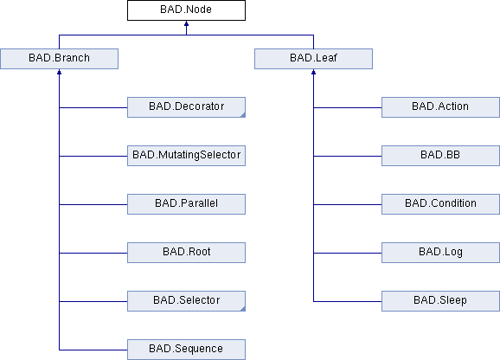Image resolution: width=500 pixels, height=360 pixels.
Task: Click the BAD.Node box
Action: pyautogui.click(x=186, y=10)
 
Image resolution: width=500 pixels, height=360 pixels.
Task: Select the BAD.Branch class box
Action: pyautogui.click(x=60, y=59)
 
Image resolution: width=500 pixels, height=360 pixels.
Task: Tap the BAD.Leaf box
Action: pyautogui.click(x=313, y=59)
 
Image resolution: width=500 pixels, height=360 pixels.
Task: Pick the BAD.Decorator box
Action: pyautogui.click(x=186, y=107)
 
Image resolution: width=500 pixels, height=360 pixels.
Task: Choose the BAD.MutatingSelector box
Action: pyautogui.click(x=186, y=156)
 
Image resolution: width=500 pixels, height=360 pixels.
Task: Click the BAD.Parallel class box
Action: pyautogui.click(x=186, y=204)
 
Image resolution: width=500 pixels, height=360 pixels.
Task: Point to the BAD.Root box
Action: pyautogui.click(x=186, y=253)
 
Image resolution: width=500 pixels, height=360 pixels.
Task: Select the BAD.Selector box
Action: pyautogui.click(x=186, y=301)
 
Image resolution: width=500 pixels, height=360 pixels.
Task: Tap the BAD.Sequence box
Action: pyautogui.click(x=186, y=350)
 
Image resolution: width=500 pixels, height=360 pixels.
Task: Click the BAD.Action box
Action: pyautogui.click(x=440, y=107)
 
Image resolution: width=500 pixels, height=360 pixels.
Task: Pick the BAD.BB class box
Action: pyautogui.click(x=440, y=156)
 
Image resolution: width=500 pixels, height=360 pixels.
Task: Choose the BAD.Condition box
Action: pyautogui.click(x=440, y=204)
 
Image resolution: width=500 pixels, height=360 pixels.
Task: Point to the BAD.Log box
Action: pyautogui.click(x=440, y=253)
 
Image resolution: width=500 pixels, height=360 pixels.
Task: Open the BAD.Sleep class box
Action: pyautogui.click(x=440, y=301)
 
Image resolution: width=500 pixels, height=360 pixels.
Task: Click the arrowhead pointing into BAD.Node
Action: pyautogui.click(x=186, y=23)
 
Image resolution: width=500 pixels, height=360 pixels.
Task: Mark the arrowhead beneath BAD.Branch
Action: pyautogui.click(x=60, y=72)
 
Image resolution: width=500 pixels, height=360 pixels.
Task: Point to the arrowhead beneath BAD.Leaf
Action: pyautogui.click(x=313, y=72)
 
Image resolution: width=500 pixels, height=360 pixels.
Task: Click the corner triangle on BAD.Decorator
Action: pyautogui.click(x=243, y=115)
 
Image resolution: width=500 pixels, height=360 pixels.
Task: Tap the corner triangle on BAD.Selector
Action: pyautogui.click(x=243, y=309)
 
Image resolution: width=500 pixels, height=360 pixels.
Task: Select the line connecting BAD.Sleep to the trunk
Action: pyautogui.click(x=348, y=301)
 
